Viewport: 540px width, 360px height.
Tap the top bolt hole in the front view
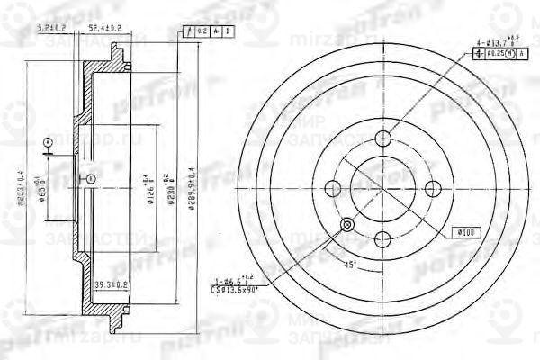383,138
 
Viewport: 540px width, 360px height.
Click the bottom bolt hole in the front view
383,238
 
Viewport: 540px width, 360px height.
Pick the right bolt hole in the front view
433,187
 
